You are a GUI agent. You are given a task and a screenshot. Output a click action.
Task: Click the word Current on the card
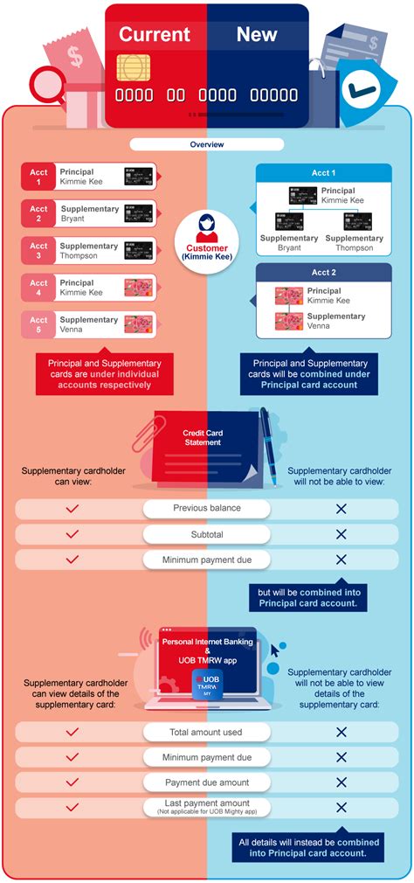point(155,35)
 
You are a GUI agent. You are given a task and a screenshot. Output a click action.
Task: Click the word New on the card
point(257,35)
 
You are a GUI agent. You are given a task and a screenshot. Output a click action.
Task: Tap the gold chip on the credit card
point(133,66)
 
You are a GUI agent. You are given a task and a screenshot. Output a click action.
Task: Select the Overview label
point(207,144)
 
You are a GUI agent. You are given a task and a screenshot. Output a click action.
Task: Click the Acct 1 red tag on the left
point(38,177)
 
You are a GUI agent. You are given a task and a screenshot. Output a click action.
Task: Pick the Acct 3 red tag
point(38,251)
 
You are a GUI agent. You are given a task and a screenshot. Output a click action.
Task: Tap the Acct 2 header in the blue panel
point(323,273)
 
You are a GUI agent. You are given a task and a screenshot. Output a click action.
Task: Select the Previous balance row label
point(207,508)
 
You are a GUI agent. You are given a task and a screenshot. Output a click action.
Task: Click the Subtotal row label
point(207,534)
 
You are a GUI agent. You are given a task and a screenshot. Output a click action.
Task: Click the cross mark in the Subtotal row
point(341,534)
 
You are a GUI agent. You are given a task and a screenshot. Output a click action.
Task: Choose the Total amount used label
point(207,731)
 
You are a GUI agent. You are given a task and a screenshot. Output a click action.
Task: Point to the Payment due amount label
point(207,782)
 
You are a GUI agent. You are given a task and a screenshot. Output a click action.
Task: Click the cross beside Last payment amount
point(341,807)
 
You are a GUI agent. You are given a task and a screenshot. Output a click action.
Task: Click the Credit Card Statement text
point(202,437)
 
